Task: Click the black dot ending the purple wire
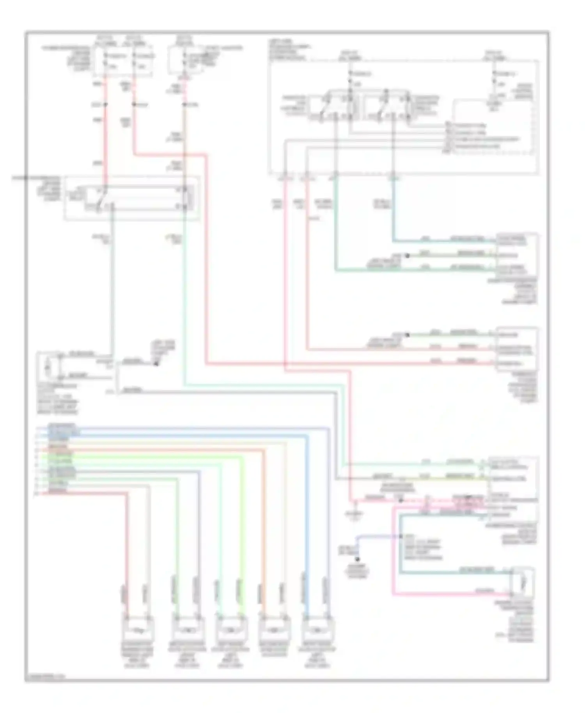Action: click(x=357, y=559)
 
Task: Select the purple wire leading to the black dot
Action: click(x=374, y=537)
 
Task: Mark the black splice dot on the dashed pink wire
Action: click(x=401, y=500)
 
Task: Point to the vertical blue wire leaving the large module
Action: click(x=393, y=207)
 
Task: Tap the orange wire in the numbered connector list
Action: click(x=156, y=450)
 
